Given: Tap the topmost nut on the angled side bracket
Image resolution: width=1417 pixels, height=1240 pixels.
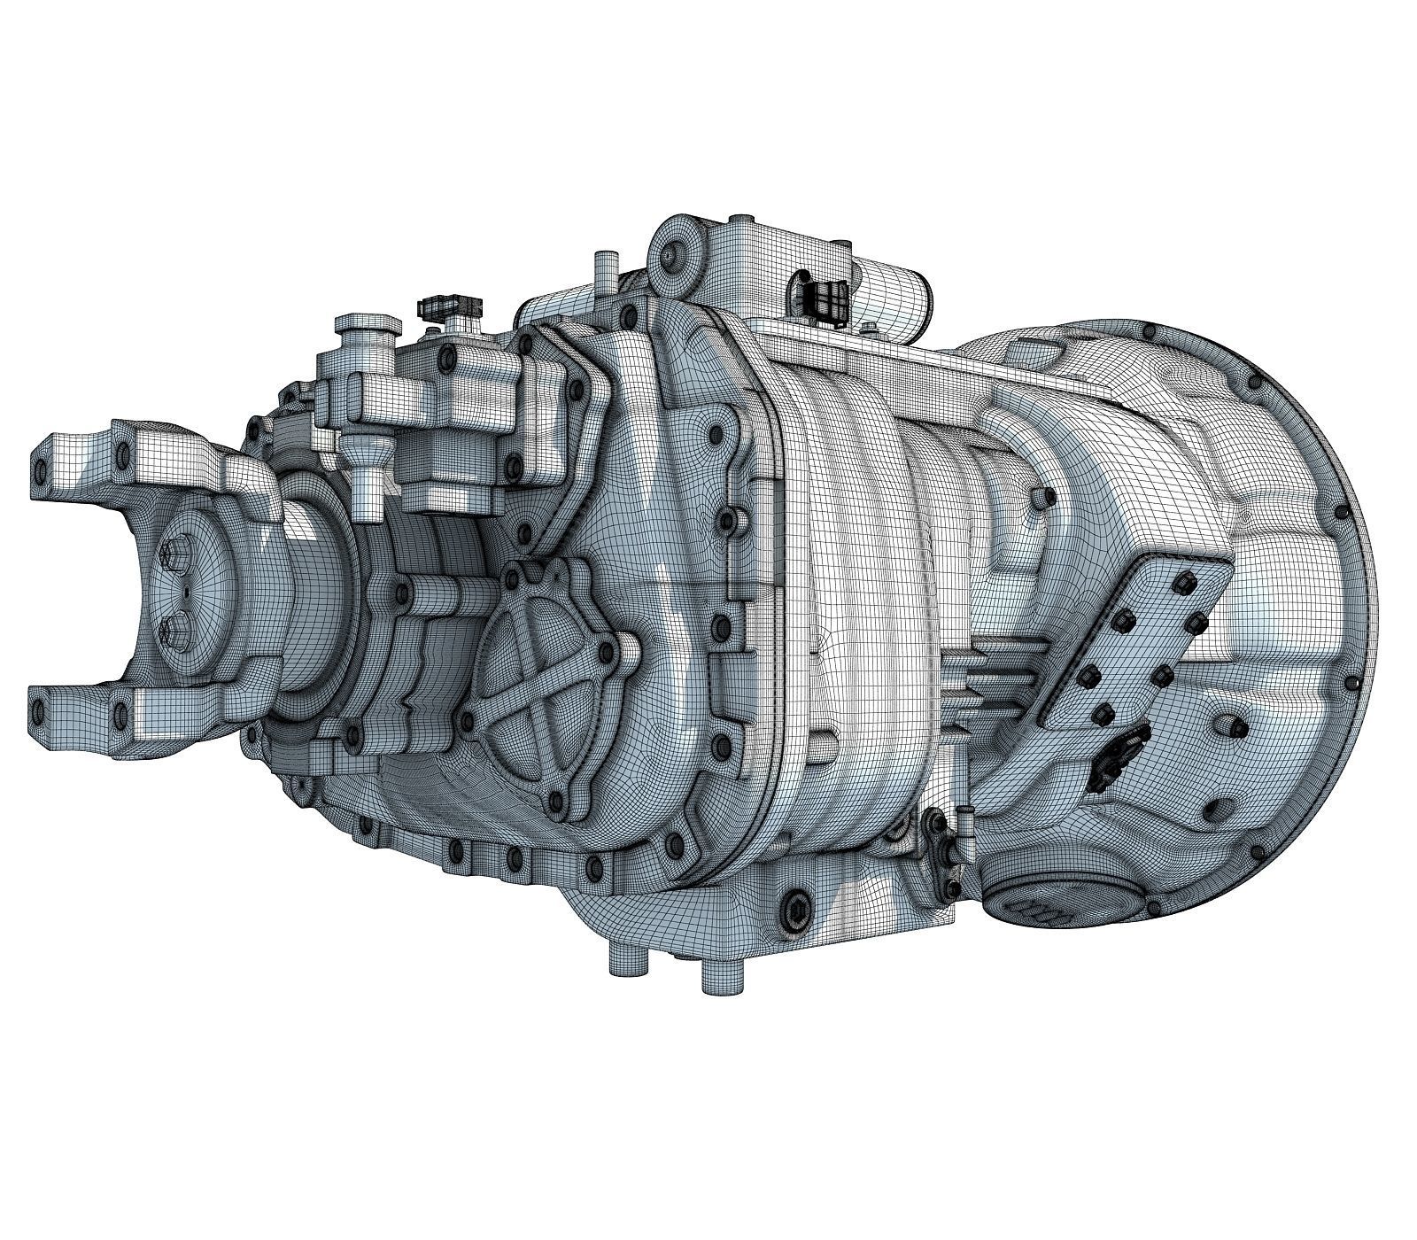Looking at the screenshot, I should click(x=1182, y=582).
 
